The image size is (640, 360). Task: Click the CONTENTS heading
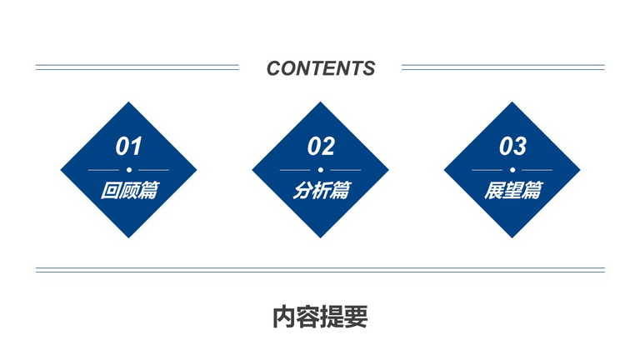(x=321, y=68)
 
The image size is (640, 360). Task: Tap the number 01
(x=128, y=146)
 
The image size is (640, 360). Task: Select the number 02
(x=321, y=146)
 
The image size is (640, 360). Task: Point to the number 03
(x=512, y=146)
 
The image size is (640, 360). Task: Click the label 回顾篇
(x=129, y=190)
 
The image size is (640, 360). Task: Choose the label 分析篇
(x=322, y=190)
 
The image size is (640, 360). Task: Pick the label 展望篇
(x=513, y=190)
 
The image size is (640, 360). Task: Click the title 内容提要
(x=320, y=317)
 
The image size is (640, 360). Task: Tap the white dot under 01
(x=129, y=170)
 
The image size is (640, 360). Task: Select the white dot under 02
(x=320, y=170)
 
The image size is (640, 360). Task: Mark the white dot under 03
(x=512, y=170)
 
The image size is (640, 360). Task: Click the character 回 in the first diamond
(x=110, y=190)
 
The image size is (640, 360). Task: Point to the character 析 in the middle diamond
(x=321, y=190)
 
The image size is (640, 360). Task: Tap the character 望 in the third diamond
(x=512, y=190)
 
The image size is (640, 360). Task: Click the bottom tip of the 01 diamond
(x=129, y=237)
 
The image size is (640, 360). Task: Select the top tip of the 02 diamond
(x=320, y=102)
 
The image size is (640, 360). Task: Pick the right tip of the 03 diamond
(x=580, y=170)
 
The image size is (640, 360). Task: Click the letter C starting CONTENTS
(x=275, y=68)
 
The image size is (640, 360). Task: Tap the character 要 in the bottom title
(x=357, y=317)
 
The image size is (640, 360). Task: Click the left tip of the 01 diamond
(x=61, y=170)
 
